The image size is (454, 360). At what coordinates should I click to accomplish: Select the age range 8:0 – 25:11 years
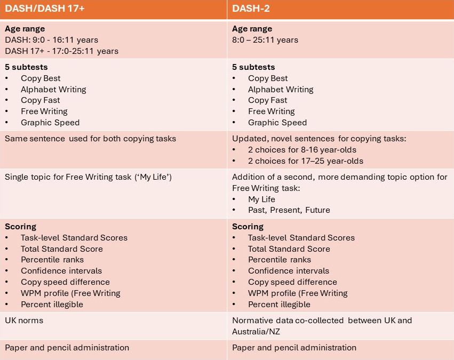point(265,40)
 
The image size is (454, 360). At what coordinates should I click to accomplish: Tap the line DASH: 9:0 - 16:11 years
point(51,40)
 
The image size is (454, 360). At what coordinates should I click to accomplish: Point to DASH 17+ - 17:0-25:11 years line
point(61,51)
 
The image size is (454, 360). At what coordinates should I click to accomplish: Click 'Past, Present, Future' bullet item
point(289,210)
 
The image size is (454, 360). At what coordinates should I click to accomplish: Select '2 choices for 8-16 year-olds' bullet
point(302,150)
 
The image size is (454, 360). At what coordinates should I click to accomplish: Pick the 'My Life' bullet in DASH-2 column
point(261,199)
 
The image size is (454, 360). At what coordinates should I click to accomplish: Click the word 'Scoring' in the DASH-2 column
point(248,227)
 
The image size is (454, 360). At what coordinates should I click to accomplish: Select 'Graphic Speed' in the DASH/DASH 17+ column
point(50,123)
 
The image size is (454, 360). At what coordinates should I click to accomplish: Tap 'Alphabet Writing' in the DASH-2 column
point(281,90)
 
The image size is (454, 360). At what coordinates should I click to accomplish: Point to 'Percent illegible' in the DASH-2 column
point(279,305)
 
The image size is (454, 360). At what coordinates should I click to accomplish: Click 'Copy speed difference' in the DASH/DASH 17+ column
point(65,282)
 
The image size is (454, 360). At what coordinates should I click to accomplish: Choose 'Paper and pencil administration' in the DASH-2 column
point(294,348)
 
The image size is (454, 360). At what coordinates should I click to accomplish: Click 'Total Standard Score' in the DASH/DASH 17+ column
point(62,249)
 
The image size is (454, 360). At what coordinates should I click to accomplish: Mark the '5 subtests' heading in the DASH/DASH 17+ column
point(27,67)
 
